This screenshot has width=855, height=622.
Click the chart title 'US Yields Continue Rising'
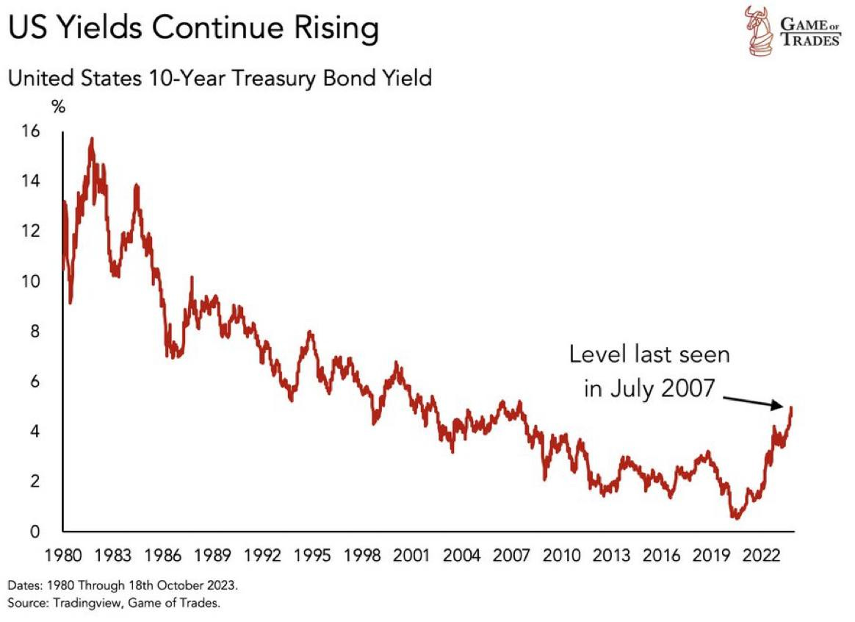coord(193,29)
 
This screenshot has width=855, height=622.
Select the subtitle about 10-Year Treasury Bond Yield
coord(220,77)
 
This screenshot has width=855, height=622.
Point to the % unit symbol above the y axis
coord(58,107)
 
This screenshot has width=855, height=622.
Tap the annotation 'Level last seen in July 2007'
coord(649,371)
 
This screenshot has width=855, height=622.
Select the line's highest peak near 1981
coord(92,138)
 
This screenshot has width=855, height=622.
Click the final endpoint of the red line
coord(792,407)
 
